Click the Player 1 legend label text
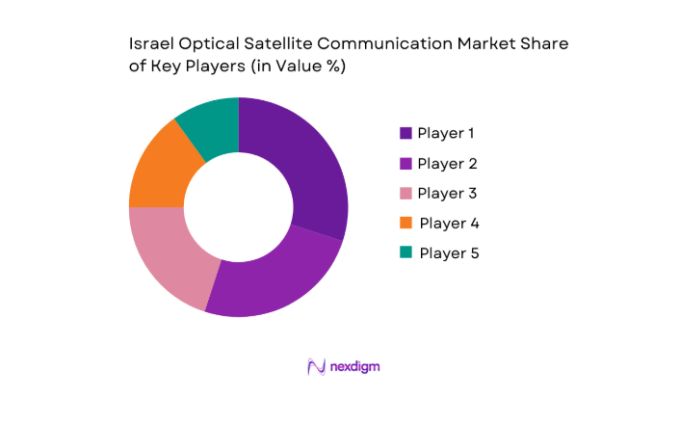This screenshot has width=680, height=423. pos(446,133)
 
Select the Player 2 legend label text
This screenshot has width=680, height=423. pos(447,163)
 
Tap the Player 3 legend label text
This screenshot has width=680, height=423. pos(447,193)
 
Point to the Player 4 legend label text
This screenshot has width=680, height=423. pos(449,223)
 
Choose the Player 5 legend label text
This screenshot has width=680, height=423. pos(449,252)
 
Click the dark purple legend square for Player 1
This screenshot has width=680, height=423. pos(405,133)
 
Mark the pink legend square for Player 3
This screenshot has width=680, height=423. pos(405,193)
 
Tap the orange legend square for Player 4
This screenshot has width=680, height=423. pos(405,223)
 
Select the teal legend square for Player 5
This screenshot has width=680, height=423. pos(405,252)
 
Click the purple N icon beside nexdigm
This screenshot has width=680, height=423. pos(315,366)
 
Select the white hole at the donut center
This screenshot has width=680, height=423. pos(238,206)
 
